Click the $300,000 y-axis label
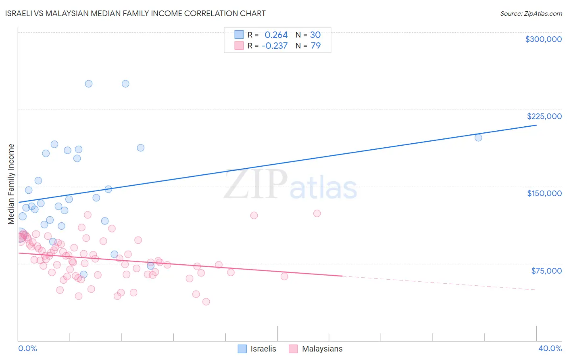pos(543,39)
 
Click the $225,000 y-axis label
pos(544,116)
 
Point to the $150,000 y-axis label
pos(544,193)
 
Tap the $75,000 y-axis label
pos(546,270)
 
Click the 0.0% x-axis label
pos(27,348)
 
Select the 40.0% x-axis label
pos(550,348)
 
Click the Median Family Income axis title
pos(11,184)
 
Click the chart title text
pos(135,13)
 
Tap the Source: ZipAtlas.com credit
pos(531,14)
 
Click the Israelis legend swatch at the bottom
pos(242,349)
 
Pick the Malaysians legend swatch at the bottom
pos(293,349)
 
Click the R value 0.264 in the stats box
pos(276,35)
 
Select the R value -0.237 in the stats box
pos(274,46)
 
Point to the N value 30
pos(315,35)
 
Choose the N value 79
pos(315,46)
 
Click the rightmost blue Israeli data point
pos(478,138)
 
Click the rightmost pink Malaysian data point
pos(317,213)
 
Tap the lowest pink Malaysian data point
pos(206,301)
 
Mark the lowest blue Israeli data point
pos(83,274)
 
